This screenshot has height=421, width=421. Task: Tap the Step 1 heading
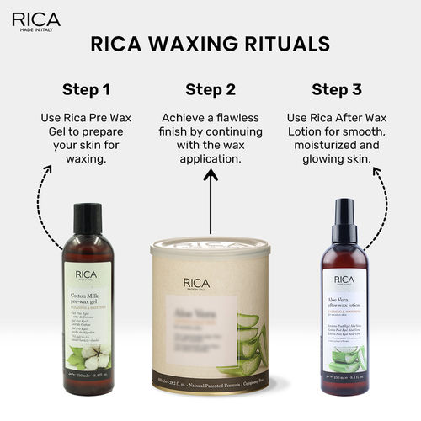(86, 89)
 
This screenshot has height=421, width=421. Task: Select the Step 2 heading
(210, 89)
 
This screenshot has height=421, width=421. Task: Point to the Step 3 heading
(337, 89)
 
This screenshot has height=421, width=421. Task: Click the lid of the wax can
(210, 247)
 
